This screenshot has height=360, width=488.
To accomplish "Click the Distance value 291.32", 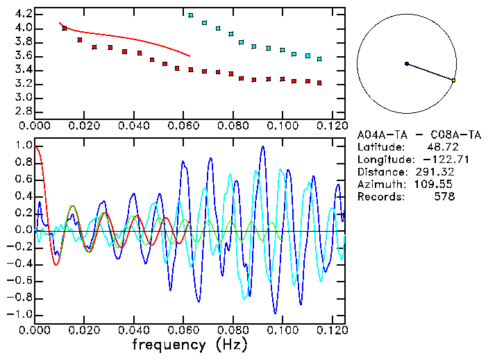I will pos(435,172).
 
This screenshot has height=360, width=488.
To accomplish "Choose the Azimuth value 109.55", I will pos(435,185).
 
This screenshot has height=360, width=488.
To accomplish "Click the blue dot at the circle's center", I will pos(407,64).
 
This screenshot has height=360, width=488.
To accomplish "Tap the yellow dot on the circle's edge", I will pos(453,80).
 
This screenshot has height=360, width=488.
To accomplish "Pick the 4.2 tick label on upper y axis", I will pos(22,14).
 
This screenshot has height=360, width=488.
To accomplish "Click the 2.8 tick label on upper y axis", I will pos(22,111).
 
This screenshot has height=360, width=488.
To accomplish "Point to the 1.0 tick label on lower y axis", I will pos(22,146).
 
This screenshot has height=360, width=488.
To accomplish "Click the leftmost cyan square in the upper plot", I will pos(191,15).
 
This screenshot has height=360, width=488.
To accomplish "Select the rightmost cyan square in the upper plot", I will pos(319,59).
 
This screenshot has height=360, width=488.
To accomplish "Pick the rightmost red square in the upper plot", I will pos(319,83).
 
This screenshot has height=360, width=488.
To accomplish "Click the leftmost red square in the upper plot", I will pos(65,28).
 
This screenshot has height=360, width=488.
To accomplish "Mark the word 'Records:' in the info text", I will pos(380,197).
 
